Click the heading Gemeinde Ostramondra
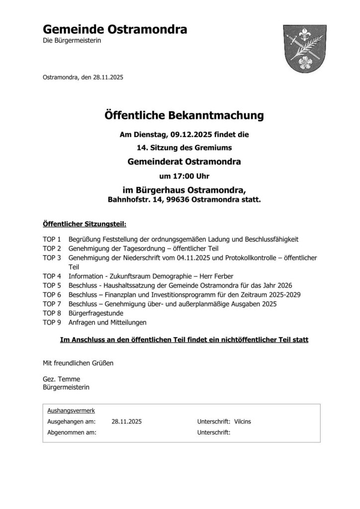(x=115, y=29)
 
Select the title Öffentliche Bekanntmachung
(x=183, y=116)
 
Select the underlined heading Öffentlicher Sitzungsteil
(x=85, y=224)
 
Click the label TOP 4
(x=52, y=275)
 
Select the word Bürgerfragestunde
(x=95, y=313)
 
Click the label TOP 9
(x=52, y=323)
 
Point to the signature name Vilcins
(x=242, y=422)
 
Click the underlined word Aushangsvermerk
(x=71, y=411)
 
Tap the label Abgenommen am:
(x=72, y=432)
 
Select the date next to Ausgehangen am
(x=127, y=422)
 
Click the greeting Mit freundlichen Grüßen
(x=78, y=363)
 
